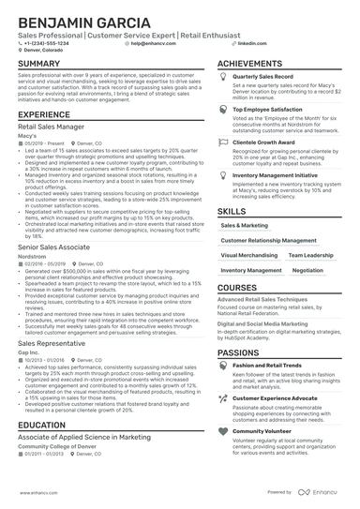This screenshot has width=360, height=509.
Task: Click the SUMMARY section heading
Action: (37, 63)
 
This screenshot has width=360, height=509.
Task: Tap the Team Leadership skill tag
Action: (310, 255)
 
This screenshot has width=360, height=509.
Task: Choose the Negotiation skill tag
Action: (307, 270)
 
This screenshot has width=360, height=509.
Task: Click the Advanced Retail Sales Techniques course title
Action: (260, 298)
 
